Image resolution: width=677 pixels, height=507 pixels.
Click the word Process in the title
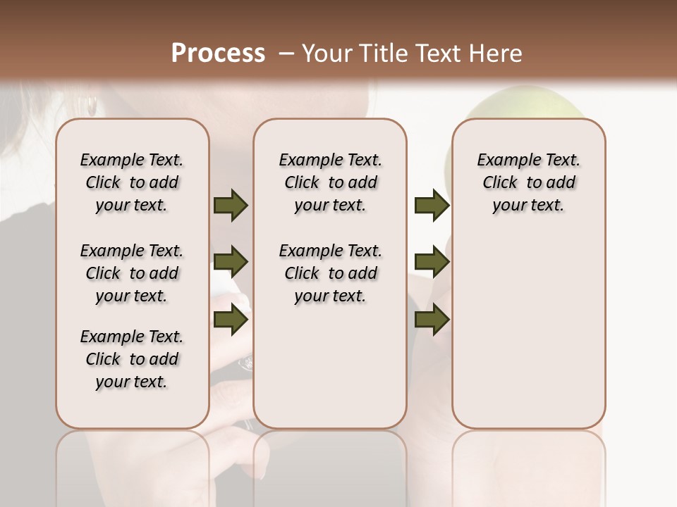tap(218, 54)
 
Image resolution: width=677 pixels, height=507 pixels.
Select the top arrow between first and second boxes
tap(231, 205)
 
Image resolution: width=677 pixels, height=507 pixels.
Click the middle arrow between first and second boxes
tap(231, 263)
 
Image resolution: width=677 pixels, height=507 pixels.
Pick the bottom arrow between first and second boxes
tap(231, 320)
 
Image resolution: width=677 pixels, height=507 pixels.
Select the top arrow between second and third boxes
tap(432, 205)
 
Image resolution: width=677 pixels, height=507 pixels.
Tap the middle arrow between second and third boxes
tap(432, 263)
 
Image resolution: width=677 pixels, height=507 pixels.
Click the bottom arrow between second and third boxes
tap(432, 320)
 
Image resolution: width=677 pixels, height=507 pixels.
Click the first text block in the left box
tap(132, 182)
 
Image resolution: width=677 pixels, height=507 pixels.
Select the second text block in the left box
tap(132, 273)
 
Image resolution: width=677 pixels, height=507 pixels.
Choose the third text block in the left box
tap(132, 359)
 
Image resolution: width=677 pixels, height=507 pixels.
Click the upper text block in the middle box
tap(330, 182)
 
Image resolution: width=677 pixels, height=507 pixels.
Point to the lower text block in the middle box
tap(330, 273)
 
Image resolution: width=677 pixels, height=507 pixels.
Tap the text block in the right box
tap(528, 182)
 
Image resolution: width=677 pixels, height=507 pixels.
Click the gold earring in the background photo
tap(92, 106)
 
